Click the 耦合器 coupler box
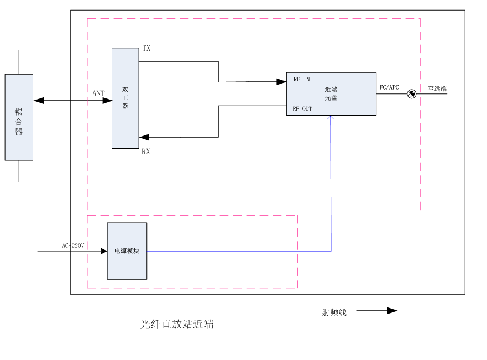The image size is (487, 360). tap(19, 117)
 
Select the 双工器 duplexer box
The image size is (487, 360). tap(125, 98)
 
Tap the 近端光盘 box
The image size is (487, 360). tap(331, 93)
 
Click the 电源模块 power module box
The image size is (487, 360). tap(127, 251)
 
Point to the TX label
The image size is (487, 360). tap(146, 49)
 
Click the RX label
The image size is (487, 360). tap(146, 152)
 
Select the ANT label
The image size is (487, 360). tap(98, 93)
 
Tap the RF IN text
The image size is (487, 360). tap(301, 80)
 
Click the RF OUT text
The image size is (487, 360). tap(302, 109)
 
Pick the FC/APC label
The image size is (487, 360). tap(389, 87)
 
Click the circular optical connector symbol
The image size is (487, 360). tap(411, 94)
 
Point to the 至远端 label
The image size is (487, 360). tap(437, 88)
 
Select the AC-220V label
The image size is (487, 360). tap(73, 246)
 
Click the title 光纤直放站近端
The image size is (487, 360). tap(177, 325)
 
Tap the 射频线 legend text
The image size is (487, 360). tap(334, 312)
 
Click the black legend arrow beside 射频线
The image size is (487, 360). tap(392, 311)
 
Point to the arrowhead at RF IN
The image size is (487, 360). tap(281, 82)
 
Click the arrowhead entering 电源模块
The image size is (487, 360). tap(103, 251)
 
